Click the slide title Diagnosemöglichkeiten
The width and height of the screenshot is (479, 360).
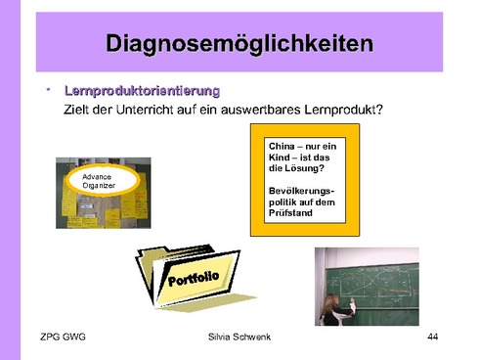point(239,44)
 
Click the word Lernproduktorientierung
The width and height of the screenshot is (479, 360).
point(142,90)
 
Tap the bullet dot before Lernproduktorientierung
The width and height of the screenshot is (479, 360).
point(46,89)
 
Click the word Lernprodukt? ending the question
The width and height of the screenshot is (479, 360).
point(342,109)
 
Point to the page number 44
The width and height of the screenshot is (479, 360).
point(433,337)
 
